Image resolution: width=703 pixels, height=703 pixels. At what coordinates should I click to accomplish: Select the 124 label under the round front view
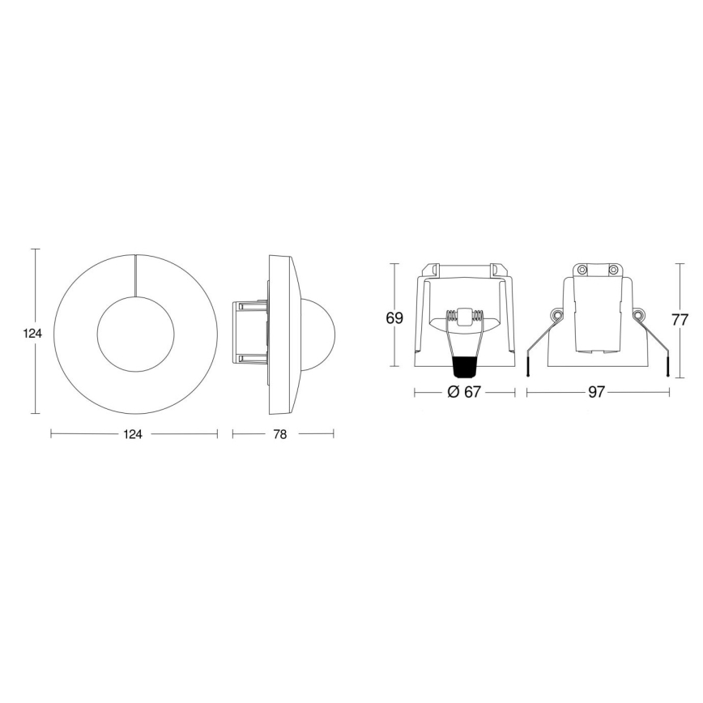(x=133, y=435)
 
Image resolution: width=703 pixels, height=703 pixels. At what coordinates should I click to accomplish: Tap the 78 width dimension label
(x=279, y=435)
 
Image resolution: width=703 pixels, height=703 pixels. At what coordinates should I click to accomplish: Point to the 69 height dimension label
(x=394, y=319)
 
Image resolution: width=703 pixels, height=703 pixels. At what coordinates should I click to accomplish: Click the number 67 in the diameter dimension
(x=474, y=392)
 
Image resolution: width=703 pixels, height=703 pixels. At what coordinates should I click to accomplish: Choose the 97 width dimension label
(x=597, y=392)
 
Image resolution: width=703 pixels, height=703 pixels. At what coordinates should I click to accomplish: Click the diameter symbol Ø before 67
(x=453, y=392)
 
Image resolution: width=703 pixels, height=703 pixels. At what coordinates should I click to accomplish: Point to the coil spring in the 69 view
(x=464, y=315)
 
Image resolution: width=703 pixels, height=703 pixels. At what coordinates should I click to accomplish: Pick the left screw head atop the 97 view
(x=582, y=269)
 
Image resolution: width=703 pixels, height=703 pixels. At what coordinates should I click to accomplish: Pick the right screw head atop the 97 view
(x=613, y=269)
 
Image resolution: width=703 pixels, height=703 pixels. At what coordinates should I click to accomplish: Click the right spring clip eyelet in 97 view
(x=640, y=314)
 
